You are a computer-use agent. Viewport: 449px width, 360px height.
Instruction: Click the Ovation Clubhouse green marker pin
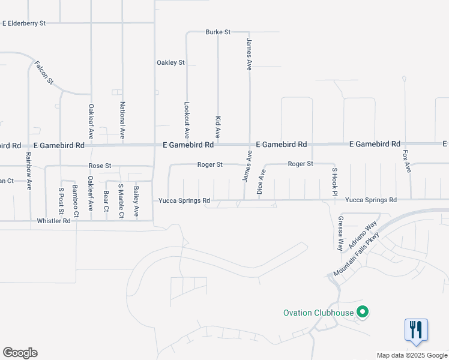pyautogui.click(x=363, y=312)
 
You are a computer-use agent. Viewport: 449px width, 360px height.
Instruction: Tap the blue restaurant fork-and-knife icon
pyautogui.click(x=416, y=329)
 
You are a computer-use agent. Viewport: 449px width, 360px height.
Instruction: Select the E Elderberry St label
pyautogui.click(x=24, y=23)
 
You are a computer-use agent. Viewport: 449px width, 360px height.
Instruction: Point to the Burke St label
pyautogui.click(x=218, y=32)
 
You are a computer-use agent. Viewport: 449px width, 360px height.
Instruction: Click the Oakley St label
pyautogui.click(x=170, y=62)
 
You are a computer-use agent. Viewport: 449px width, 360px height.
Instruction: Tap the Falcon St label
pyautogui.click(x=44, y=73)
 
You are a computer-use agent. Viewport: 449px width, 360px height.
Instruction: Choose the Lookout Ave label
pyautogui.click(x=187, y=118)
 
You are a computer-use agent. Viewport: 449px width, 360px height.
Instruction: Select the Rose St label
pyautogui.click(x=100, y=166)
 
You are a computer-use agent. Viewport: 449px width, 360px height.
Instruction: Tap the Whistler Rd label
pyautogui.click(x=54, y=221)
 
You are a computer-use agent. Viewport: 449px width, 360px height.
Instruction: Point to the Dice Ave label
pyautogui.click(x=261, y=182)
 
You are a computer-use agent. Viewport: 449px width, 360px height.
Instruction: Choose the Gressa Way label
pyautogui.click(x=340, y=233)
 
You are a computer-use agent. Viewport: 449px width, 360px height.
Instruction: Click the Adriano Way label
pyautogui.click(x=367, y=233)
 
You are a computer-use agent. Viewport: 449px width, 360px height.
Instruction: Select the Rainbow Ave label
pyautogui.click(x=28, y=171)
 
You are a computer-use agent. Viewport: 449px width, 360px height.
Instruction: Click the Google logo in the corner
pyautogui.click(x=20, y=353)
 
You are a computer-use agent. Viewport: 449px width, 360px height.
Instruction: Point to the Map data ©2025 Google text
pyautogui.click(x=412, y=355)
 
